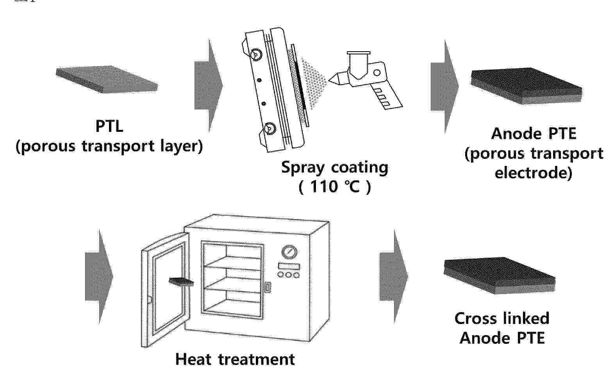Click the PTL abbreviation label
point(109,126)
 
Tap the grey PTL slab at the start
point(107,79)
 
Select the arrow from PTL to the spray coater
point(209,86)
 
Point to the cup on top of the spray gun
point(359,65)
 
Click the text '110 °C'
point(335,187)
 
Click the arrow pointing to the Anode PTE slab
point(444,86)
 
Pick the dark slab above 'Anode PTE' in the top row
point(526,86)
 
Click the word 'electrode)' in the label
point(534,173)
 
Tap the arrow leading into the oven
point(99,277)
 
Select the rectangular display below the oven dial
point(289,266)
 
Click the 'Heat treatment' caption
point(235,359)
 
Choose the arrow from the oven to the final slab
point(394,277)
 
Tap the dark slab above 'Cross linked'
point(500,275)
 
